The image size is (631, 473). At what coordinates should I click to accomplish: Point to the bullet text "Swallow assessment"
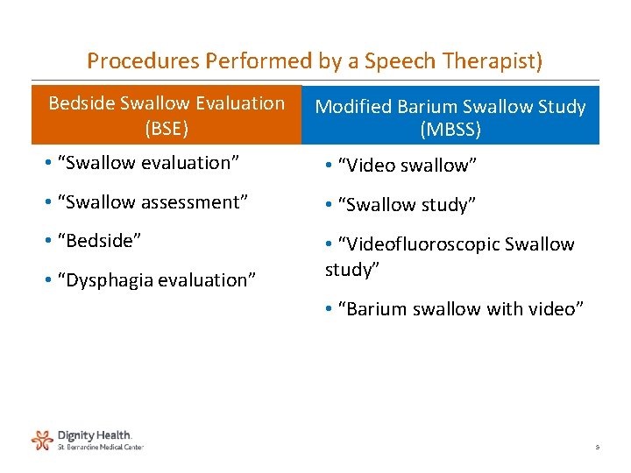point(152,201)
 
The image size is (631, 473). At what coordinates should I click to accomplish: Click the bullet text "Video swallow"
point(408,166)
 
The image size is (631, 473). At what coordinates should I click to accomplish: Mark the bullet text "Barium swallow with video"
point(460,309)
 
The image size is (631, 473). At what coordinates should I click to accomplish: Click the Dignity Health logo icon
point(42,439)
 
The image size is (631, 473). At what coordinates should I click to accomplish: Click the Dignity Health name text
point(94,434)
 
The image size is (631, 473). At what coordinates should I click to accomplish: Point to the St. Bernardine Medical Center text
point(100,447)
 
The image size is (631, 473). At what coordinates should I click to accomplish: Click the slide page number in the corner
point(597,448)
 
